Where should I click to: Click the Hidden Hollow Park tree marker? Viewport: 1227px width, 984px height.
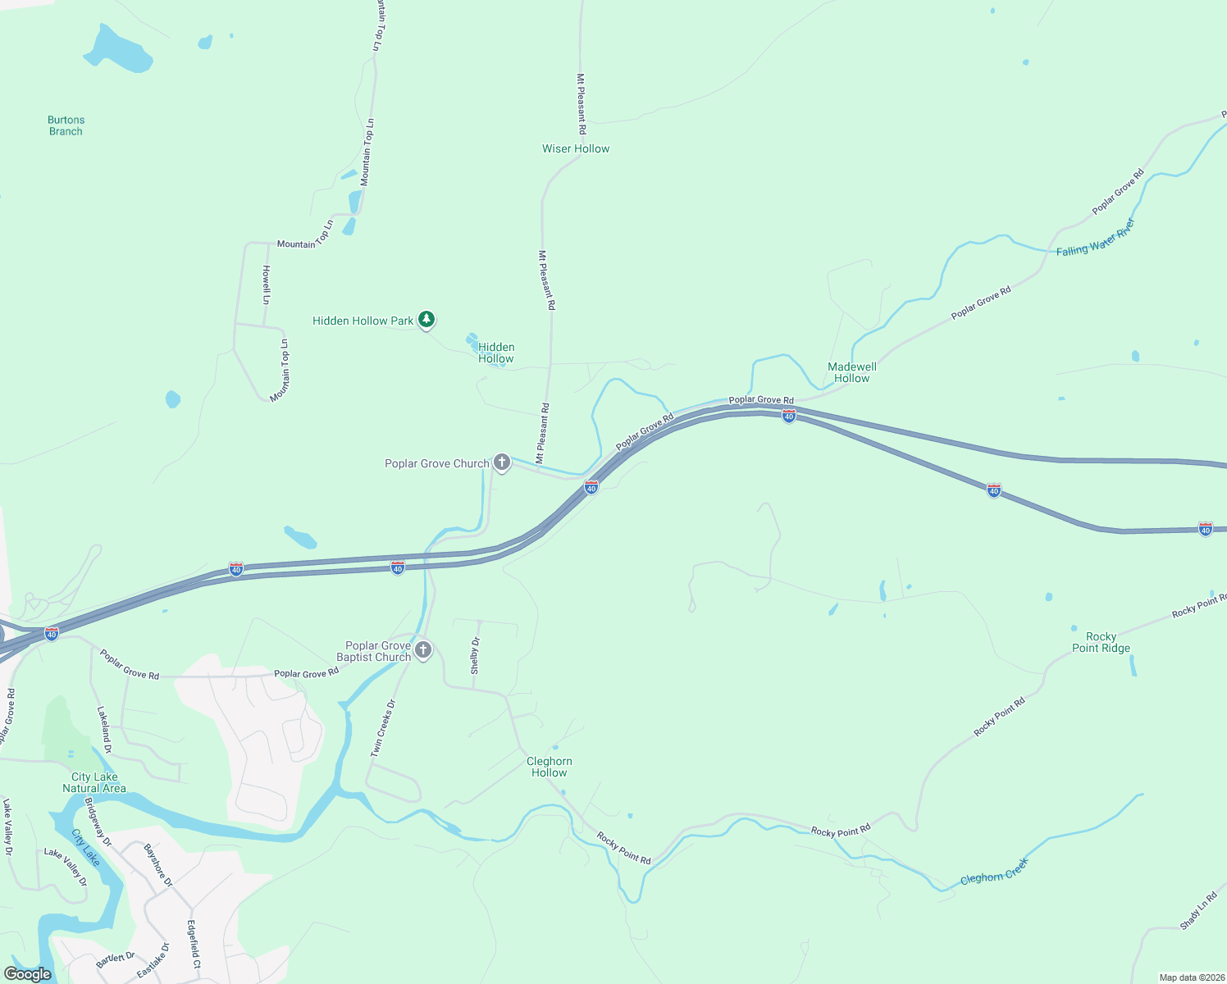click(x=426, y=320)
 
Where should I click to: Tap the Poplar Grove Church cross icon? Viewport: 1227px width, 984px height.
click(x=502, y=462)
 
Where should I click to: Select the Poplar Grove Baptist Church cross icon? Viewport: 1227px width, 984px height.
click(x=423, y=650)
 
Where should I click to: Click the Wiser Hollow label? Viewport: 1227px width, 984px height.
click(x=576, y=148)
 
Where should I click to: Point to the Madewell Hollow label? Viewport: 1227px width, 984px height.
click(x=852, y=372)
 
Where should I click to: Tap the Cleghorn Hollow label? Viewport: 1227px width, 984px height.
click(x=550, y=767)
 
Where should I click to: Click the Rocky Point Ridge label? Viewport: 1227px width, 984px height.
click(x=1101, y=642)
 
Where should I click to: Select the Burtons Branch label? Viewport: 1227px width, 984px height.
click(x=66, y=125)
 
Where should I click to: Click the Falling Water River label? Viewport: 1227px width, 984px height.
click(x=1096, y=239)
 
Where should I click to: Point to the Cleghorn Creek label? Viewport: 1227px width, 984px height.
click(x=993, y=872)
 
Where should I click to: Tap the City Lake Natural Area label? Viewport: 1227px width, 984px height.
click(x=94, y=782)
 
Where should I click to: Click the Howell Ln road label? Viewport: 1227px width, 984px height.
click(x=266, y=285)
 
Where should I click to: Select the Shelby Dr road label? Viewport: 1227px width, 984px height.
click(x=475, y=655)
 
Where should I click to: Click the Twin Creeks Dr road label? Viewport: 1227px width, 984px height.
click(x=383, y=727)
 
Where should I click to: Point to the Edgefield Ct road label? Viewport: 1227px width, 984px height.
click(x=194, y=945)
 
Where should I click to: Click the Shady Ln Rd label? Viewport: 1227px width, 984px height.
click(x=1198, y=911)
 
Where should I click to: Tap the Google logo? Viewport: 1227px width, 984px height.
click(x=28, y=974)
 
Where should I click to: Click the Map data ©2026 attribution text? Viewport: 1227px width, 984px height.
click(x=1190, y=977)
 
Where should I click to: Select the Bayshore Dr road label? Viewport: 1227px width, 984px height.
click(x=158, y=865)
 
